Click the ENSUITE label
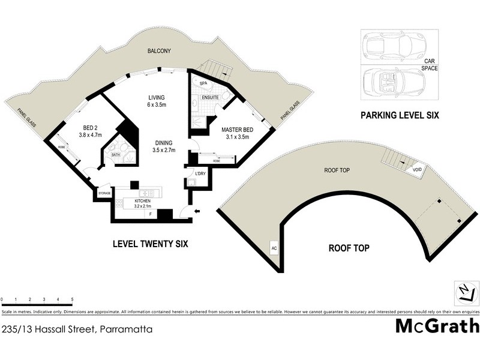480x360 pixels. (210, 97)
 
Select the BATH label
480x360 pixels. (116, 155)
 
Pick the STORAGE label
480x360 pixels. (104, 194)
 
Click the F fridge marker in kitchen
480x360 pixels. (150, 214)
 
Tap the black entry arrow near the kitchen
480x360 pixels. (197, 211)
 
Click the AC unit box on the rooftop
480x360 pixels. (274, 247)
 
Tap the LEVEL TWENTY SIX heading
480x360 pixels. (151, 244)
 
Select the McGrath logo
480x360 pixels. (437, 326)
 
